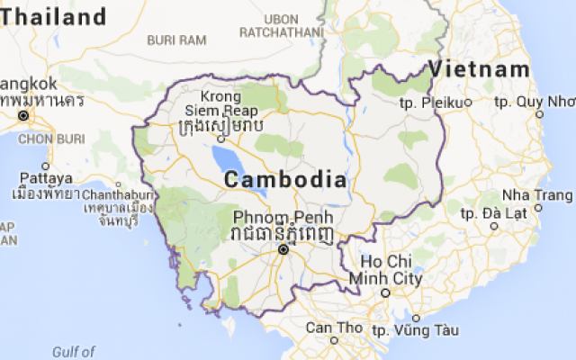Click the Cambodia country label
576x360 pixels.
click(x=284, y=179)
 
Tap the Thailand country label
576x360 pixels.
click(x=53, y=16)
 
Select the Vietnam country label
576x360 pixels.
click(x=478, y=69)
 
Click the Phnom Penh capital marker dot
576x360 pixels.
click(x=283, y=250)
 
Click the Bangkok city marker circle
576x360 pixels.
click(x=24, y=116)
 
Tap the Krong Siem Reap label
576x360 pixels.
click(x=220, y=103)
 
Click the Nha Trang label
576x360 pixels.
click(x=537, y=195)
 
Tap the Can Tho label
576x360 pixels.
click(x=332, y=327)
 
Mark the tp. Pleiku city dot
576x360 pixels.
click(x=468, y=102)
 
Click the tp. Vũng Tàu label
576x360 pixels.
click(x=409, y=330)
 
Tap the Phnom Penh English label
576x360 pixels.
click(x=283, y=218)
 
